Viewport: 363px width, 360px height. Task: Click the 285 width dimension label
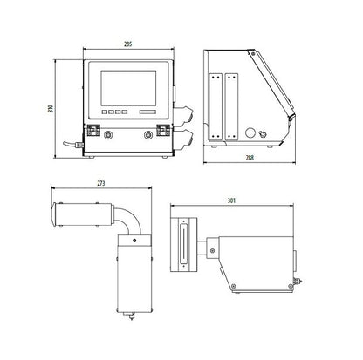(x=128, y=44)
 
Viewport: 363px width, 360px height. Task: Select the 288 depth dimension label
(x=250, y=158)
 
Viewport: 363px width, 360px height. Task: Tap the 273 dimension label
(x=101, y=183)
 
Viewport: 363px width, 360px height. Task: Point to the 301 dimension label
(x=231, y=200)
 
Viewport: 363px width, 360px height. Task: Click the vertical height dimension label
(x=51, y=108)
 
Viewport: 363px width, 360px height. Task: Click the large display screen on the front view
(x=128, y=88)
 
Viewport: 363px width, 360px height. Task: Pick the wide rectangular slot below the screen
(x=147, y=112)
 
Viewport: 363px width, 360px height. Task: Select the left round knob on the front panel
(x=109, y=134)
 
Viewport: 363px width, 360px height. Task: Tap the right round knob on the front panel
(x=148, y=134)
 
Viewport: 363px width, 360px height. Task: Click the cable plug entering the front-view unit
(x=79, y=145)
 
